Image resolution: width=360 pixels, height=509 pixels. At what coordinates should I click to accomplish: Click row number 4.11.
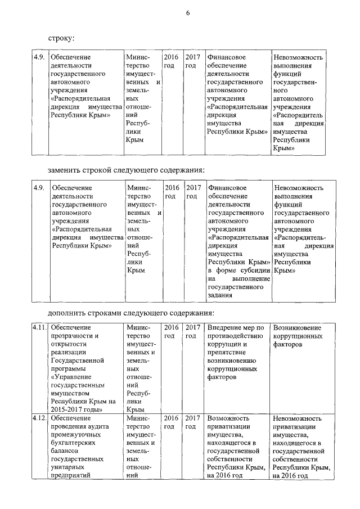point(39,328)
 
